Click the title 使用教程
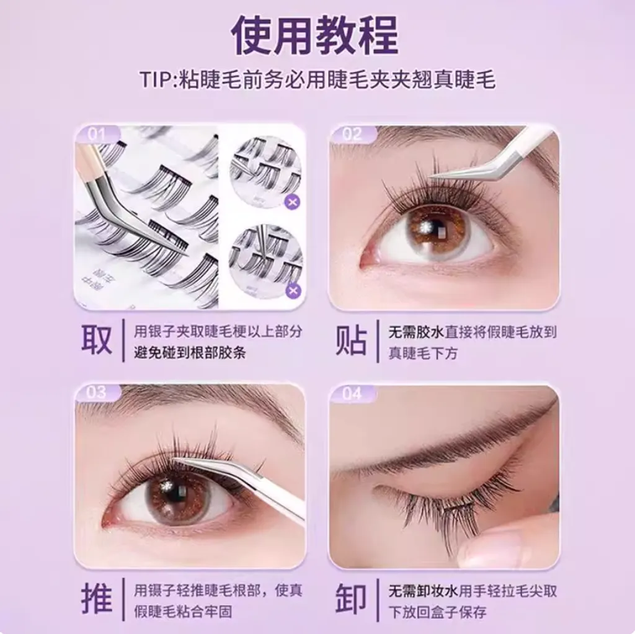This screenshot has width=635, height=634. [x=315, y=35]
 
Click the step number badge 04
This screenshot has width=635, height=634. [x=351, y=393]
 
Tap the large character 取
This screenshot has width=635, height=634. [x=97, y=341]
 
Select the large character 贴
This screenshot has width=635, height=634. [x=351, y=341]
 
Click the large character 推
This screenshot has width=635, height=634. [x=97, y=599]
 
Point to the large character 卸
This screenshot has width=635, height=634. [x=351, y=599]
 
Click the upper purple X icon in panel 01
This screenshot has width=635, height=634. [x=293, y=202]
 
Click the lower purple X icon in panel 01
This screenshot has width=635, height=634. [x=293, y=290]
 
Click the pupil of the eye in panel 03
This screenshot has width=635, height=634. [x=177, y=493]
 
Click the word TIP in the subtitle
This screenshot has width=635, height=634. [x=158, y=81]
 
